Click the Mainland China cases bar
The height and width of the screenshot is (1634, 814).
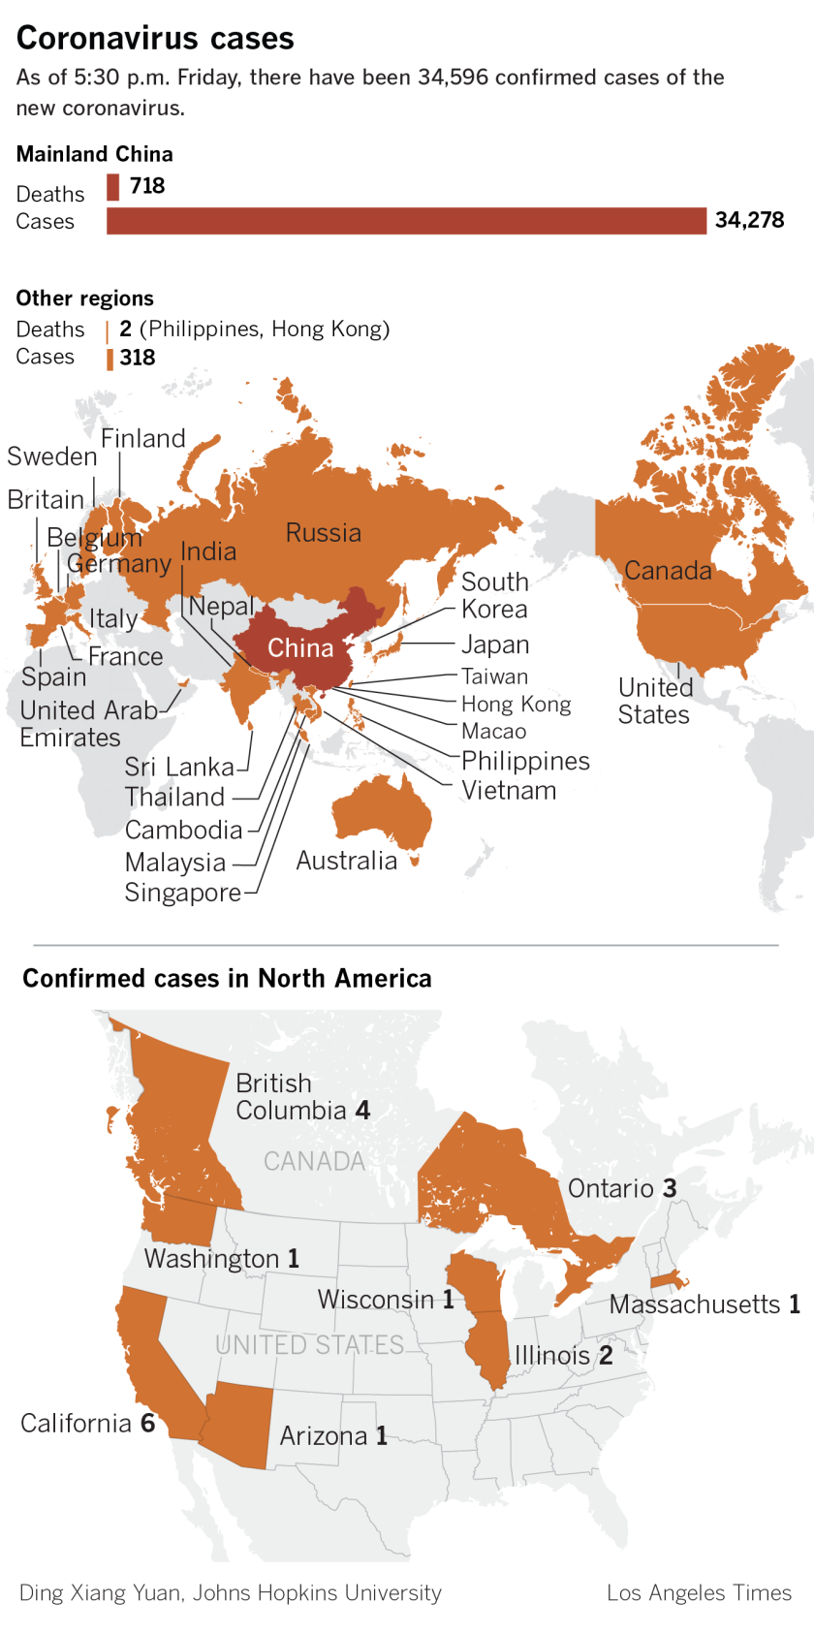[x=406, y=221]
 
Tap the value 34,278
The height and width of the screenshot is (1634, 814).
[x=749, y=221]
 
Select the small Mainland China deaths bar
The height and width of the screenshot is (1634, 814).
[x=113, y=186]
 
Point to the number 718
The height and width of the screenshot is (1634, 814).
[x=147, y=186]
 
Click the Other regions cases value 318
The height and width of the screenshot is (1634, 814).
[x=138, y=358]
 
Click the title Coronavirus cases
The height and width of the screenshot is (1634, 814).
[x=155, y=39]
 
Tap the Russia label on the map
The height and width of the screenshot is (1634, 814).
[x=323, y=533]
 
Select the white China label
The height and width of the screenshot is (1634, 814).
[x=300, y=648]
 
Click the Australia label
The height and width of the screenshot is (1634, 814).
[x=346, y=861]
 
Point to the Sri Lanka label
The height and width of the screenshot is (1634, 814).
[x=179, y=768]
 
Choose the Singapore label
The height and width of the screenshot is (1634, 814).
[x=182, y=893]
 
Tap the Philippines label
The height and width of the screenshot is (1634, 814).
[x=525, y=761]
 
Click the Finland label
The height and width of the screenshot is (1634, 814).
[x=143, y=439]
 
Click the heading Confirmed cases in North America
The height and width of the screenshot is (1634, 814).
[x=227, y=979]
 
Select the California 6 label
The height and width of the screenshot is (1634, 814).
[x=87, y=1424]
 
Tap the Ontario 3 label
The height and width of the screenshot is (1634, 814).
[x=622, y=1189]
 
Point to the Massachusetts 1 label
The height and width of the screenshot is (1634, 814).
[x=704, y=1304]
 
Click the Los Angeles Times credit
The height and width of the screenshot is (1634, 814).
[x=699, y=1593]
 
